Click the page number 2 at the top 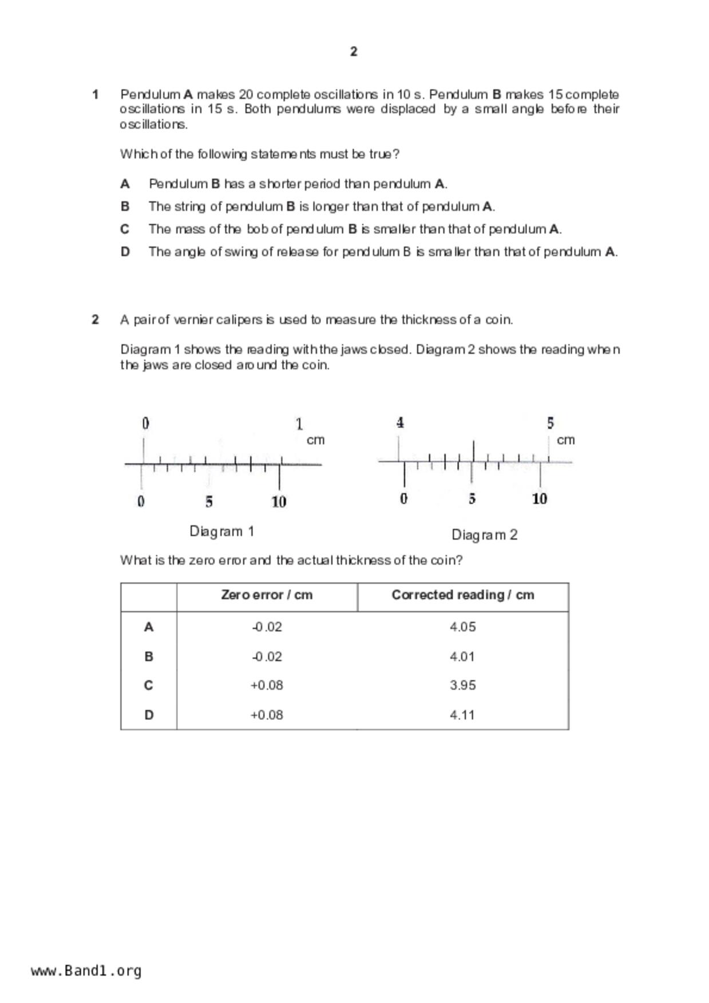[x=354, y=51]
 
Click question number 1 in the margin [x=96, y=94]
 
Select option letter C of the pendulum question [x=125, y=229]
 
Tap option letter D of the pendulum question [x=125, y=252]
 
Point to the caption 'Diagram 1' [x=221, y=531]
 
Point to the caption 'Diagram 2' [x=484, y=535]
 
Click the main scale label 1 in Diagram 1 [x=299, y=424]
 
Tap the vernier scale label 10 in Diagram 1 [x=279, y=502]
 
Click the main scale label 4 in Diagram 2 [x=400, y=423]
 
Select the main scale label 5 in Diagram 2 [x=550, y=423]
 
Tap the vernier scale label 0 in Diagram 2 [x=403, y=499]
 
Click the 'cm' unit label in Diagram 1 [x=315, y=440]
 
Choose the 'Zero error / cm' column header [x=267, y=595]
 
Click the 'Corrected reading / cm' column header [x=462, y=595]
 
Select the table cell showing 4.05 [x=462, y=627]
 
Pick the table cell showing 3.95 [x=462, y=685]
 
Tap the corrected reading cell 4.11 [x=462, y=715]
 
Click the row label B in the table [x=148, y=656]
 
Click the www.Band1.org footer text [x=86, y=970]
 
